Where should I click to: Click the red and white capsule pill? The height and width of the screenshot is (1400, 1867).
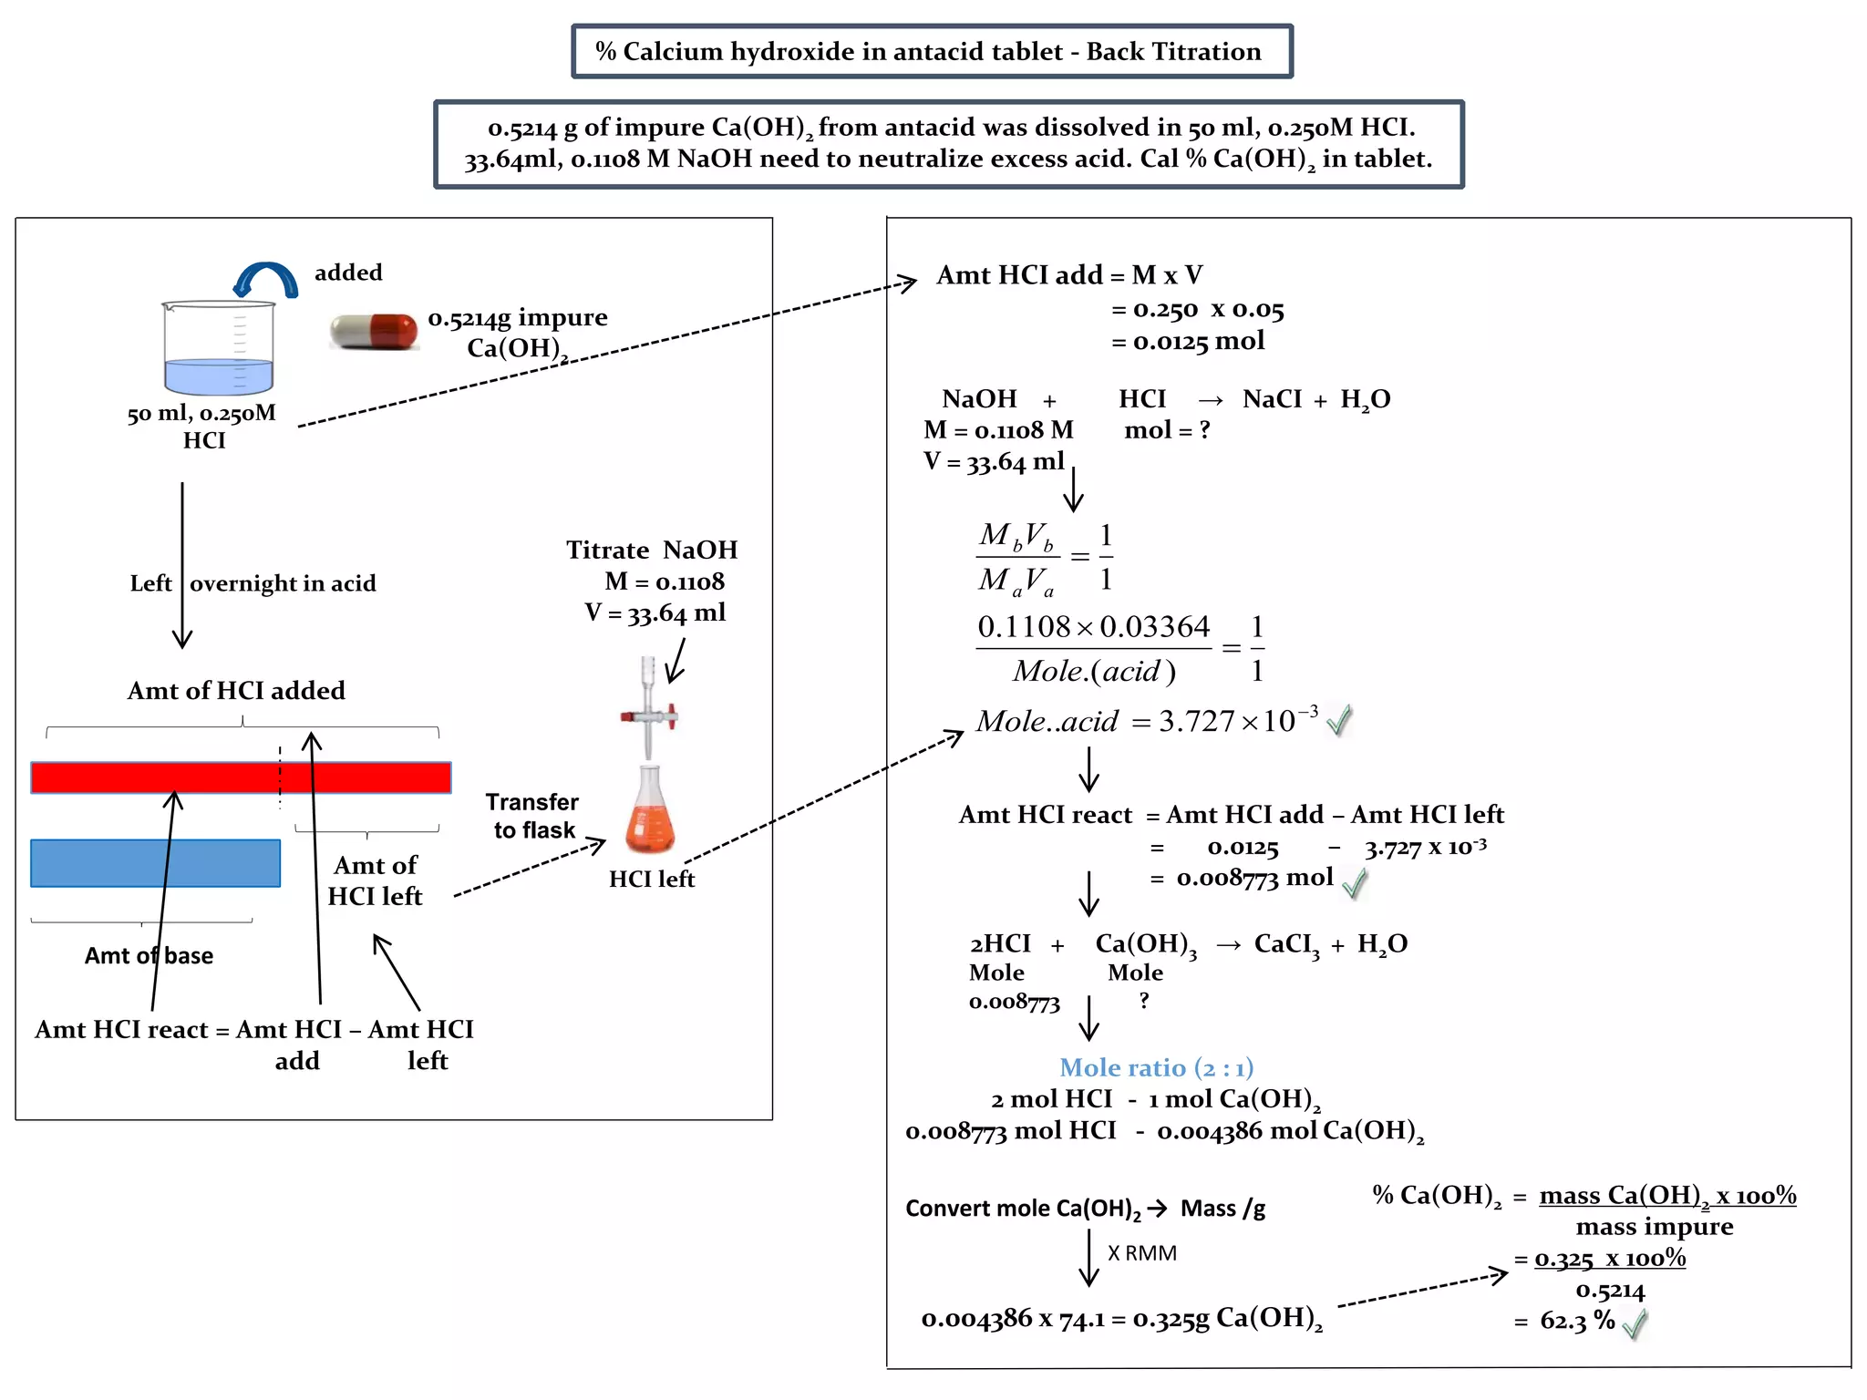[374, 332]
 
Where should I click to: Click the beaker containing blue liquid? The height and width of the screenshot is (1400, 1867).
[219, 348]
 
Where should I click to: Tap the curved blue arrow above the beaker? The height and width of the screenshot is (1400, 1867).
[265, 279]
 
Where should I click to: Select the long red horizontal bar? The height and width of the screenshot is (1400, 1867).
[241, 777]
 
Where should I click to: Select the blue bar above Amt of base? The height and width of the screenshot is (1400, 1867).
[155, 862]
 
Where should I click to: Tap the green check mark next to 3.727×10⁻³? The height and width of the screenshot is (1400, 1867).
[1338, 721]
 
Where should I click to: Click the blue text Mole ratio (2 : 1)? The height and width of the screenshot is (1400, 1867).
[1156, 1067]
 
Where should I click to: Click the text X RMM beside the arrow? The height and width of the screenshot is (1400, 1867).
[1141, 1253]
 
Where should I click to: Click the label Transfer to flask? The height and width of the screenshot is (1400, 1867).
[533, 816]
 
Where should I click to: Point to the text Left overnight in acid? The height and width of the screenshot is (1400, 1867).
[253, 583]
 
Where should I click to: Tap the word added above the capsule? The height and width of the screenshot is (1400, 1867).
[348, 273]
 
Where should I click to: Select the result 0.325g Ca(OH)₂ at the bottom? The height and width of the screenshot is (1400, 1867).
[1227, 1318]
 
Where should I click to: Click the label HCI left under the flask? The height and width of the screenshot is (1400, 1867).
[651, 879]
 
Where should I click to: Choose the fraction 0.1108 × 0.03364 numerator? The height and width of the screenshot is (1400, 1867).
[1093, 627]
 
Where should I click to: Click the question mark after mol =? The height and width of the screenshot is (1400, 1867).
[1204, 429]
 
